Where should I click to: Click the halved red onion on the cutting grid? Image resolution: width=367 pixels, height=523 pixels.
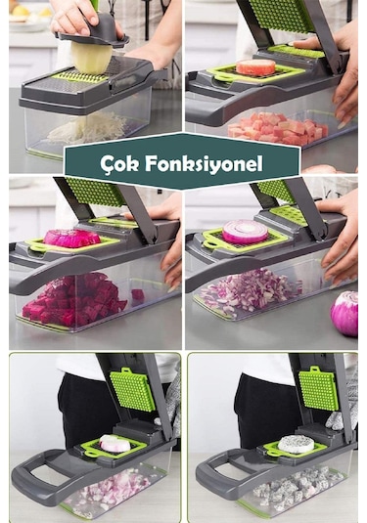245,232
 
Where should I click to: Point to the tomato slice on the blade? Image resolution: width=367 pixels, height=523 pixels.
257,67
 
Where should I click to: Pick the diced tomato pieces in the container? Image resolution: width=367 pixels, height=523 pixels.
278,128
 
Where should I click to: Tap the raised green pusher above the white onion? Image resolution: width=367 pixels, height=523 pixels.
132,389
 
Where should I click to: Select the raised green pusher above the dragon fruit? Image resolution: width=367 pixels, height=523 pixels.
318,388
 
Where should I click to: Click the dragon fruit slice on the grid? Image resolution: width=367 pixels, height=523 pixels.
295,444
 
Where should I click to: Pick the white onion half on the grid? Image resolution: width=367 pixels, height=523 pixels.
115,444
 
